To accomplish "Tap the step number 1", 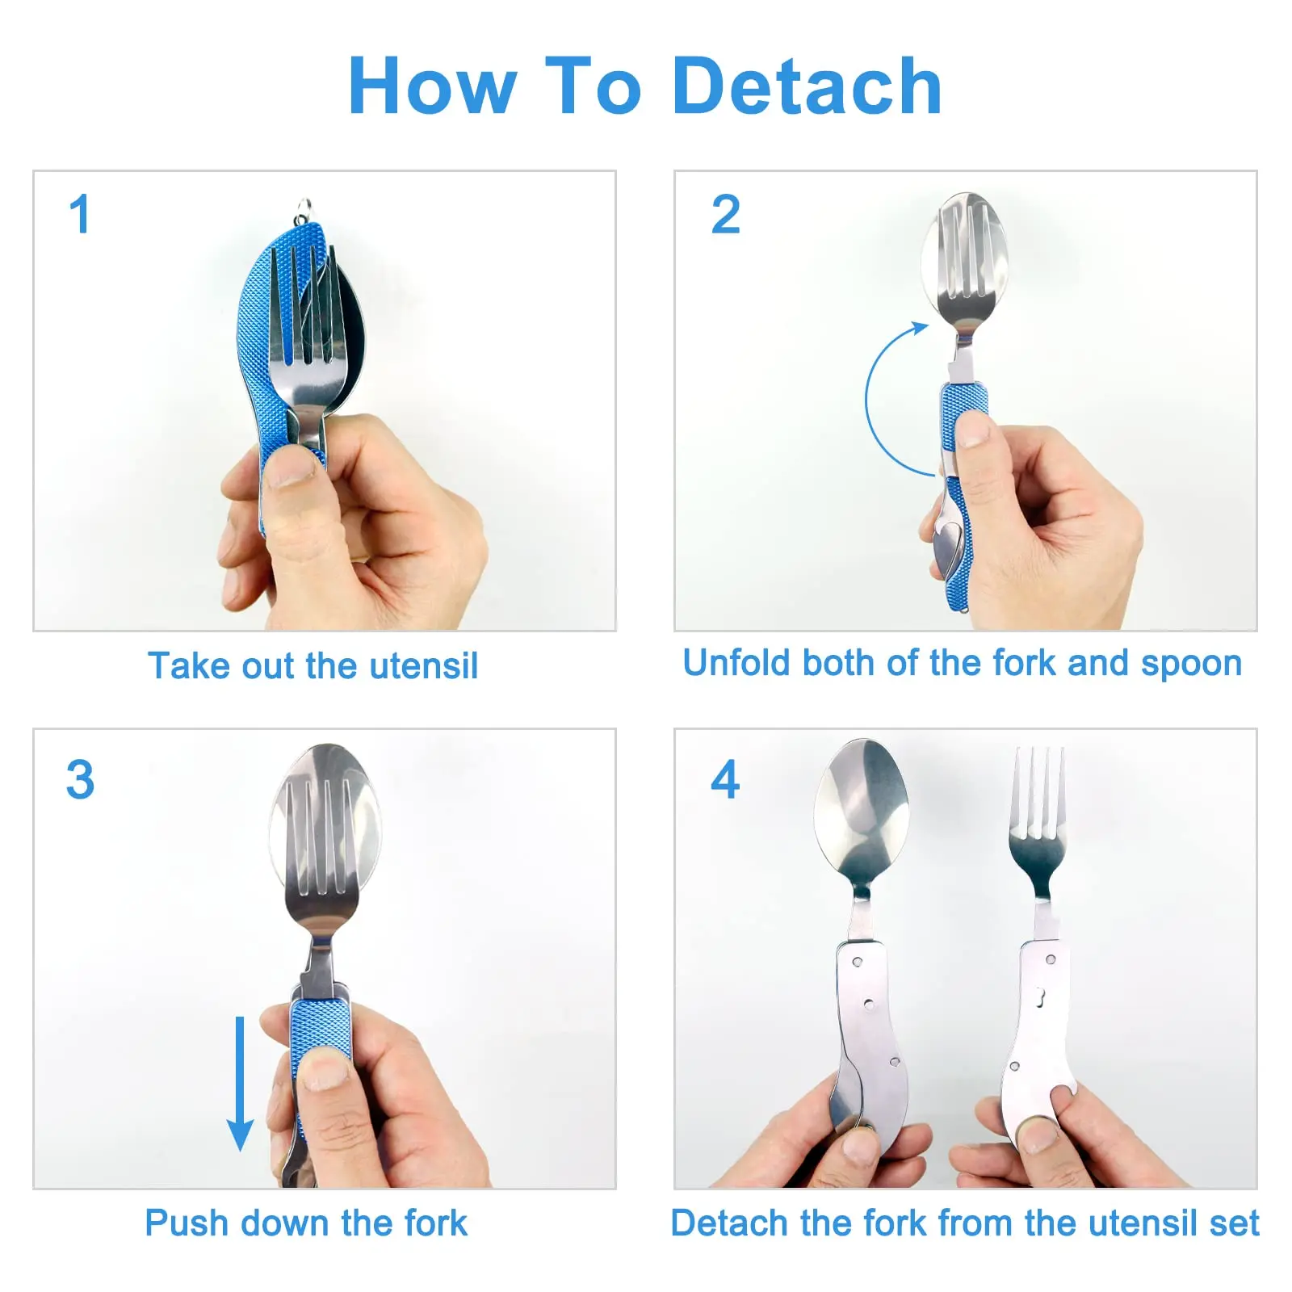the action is point(79,214).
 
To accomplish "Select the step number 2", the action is point(725,214).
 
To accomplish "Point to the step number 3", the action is point(80,779).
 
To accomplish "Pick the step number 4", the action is point(725,779).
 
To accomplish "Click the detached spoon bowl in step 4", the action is point(862,807).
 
